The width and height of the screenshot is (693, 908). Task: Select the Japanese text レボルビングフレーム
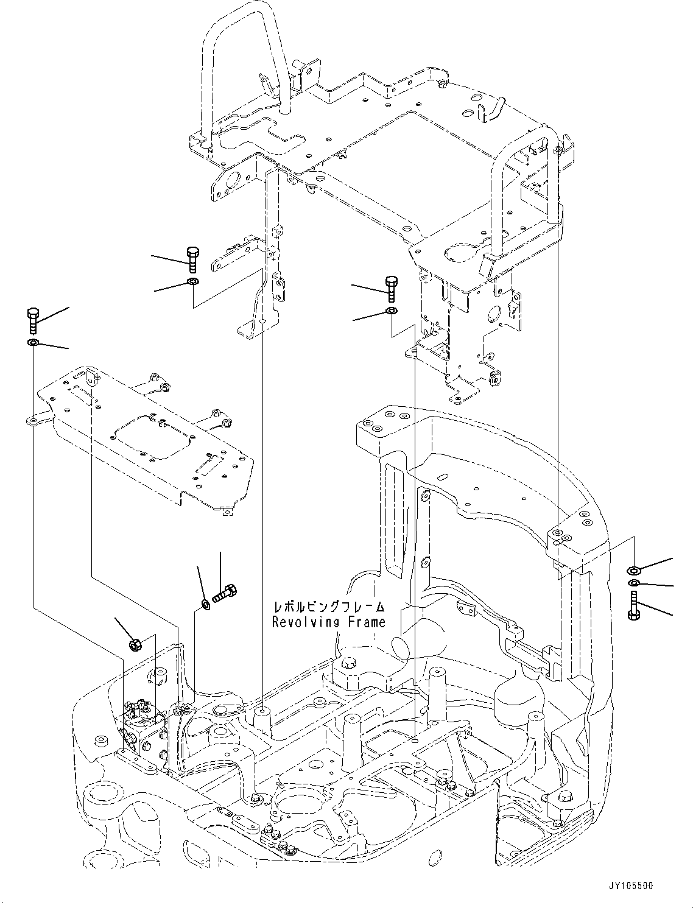[x=329, y=607]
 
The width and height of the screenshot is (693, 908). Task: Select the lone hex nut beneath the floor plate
[x=136, y=644]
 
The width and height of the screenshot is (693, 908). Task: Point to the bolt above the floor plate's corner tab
[x=33, y=320]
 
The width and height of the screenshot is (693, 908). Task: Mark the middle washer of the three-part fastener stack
[x=633, y=584]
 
